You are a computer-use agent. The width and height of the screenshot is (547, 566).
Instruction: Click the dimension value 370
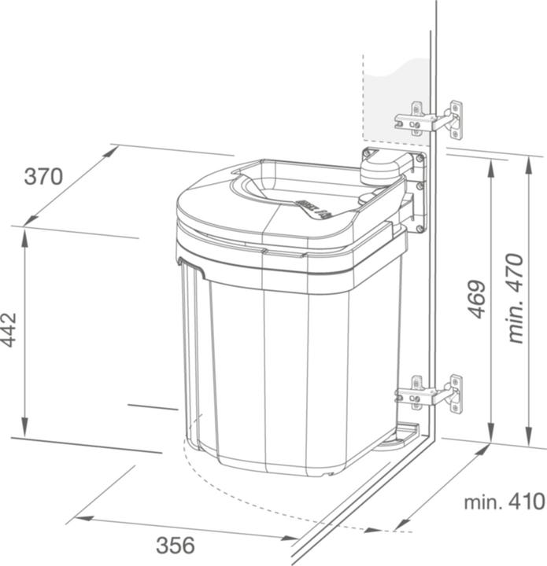tap(43, 177)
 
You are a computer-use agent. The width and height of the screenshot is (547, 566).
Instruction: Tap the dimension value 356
tap(175, 545)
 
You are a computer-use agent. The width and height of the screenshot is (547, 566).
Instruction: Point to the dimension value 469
tap(476, 300)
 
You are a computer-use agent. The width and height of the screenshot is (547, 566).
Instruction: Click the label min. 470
tap(516, 298)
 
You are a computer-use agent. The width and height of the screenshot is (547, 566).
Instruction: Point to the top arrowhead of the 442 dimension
tap(26, 234)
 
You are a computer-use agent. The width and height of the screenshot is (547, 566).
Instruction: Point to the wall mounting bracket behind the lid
tap(416, 197)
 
